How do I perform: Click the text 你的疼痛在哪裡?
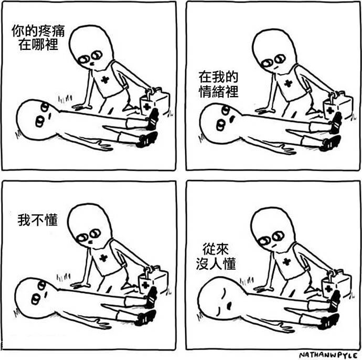pyautogui.click(x=38, y=37)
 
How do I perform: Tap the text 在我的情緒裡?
pyautogui.click(x=218, y=84)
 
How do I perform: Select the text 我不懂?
pyautogui.click(x=38, y=220)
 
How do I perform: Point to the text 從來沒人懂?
pyautogui.click(x=216, y=256)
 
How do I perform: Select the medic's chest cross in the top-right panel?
pyautogui.click(x=288, y=83)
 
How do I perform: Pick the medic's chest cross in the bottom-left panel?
pyautogui.click(x=103, y=258)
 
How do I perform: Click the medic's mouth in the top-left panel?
pyautogui.click(x=91, y=63)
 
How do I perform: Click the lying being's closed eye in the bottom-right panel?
pyautogui.click(x=223, y=292)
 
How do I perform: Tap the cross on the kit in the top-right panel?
pyautogui.click(x=329, y=110)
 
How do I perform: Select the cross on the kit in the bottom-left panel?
pyautogui.click(x=145, y=285)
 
